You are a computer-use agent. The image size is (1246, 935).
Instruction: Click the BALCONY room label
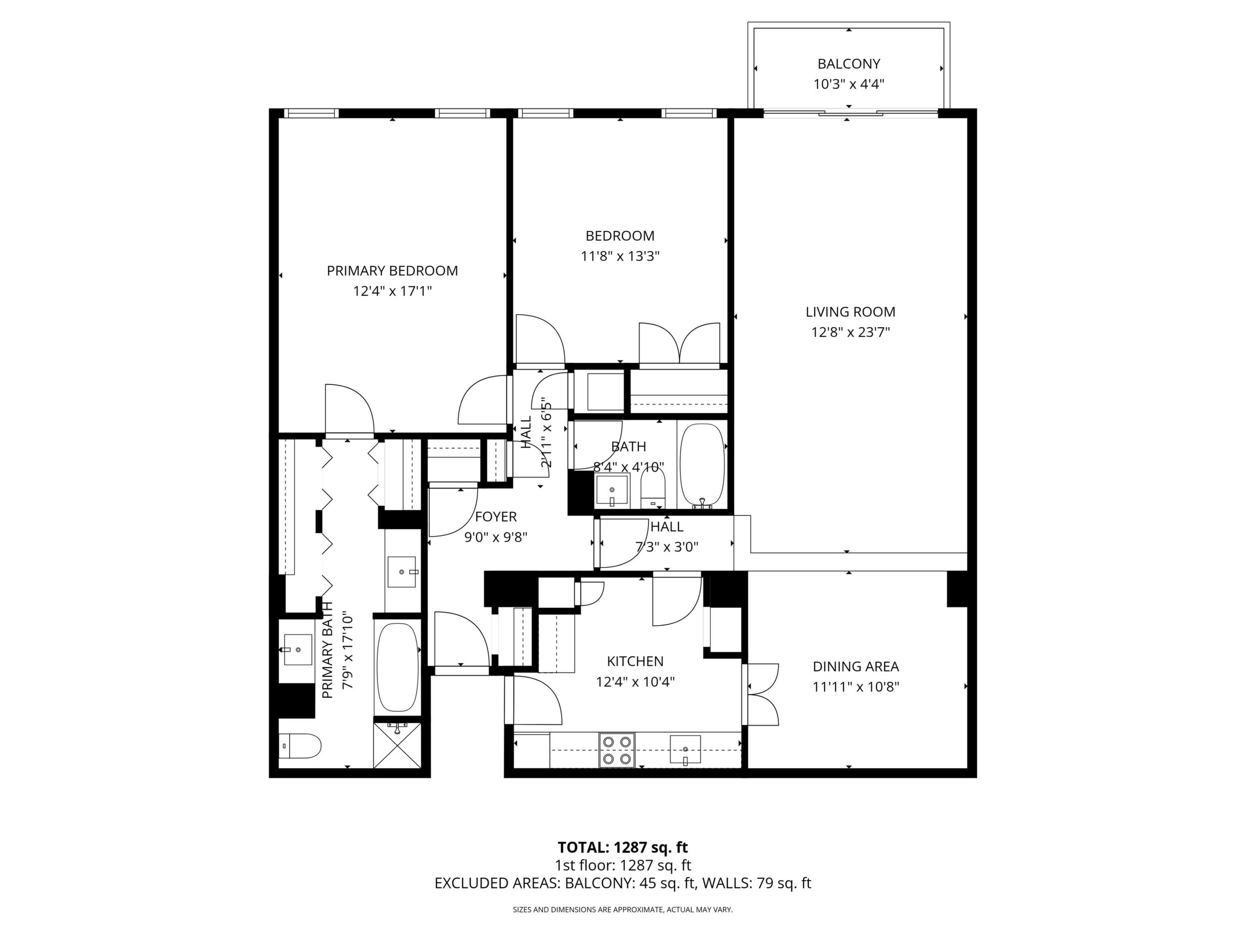coord(848,64)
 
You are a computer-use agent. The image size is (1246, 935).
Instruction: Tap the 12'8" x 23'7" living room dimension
coord(850,333)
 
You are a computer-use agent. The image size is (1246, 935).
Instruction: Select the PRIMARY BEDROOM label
coord(392,271)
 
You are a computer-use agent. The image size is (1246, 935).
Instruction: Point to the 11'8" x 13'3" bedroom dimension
coord(620,256)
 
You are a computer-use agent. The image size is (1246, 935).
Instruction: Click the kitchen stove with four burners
coord(617,750)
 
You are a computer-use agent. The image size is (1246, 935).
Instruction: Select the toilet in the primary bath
coord(300,746)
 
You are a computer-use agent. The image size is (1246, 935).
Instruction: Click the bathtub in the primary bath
coord(397,667)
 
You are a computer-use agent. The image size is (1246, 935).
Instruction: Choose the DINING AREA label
coord(856,667)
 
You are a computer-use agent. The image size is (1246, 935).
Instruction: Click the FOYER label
coord(496,517)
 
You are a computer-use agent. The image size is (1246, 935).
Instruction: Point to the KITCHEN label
coord(635,661)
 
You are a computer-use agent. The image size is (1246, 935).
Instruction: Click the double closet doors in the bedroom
coord(679,344)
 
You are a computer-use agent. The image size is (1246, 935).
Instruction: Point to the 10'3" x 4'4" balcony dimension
coord(849,84)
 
